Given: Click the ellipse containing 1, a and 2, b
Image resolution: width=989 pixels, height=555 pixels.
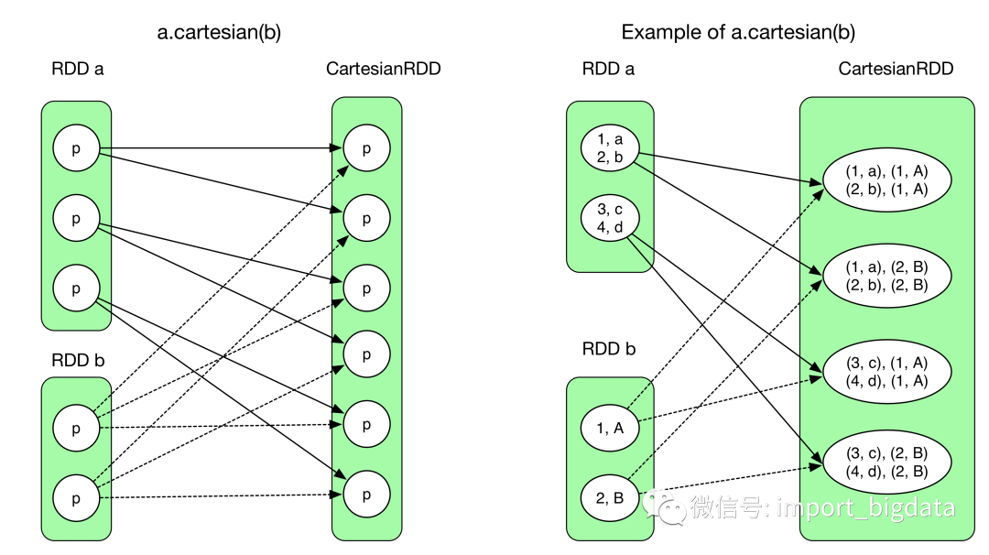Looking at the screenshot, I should [610, 148].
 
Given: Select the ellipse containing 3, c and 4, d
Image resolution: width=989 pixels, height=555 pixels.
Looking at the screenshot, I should [610, 218].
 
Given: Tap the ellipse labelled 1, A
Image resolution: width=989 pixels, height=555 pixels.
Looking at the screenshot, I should [610, 428].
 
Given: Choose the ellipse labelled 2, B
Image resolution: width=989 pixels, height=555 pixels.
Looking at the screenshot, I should [610, 498].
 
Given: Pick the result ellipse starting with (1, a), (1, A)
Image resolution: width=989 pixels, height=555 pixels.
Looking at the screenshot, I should [887, 180].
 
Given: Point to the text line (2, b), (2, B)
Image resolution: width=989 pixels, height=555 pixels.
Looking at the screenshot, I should [887, 285].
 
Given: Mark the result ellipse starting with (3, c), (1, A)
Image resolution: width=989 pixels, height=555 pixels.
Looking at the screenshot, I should [887, 372].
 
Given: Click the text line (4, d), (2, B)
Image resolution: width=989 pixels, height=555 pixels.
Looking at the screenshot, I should [887, 473].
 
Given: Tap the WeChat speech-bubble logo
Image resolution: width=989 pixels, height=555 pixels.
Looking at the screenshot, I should [664, 506].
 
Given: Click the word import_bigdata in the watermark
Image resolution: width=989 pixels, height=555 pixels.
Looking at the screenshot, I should [865, 507].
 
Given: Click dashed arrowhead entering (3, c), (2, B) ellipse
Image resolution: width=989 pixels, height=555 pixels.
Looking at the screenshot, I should [818, 466].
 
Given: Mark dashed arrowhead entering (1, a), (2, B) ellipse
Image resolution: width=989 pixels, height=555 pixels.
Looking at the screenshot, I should [818, 284].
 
